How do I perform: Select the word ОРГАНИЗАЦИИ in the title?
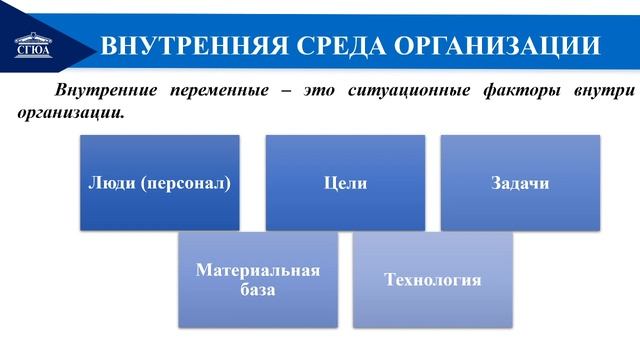(x=496, y=45)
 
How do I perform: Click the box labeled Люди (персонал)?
(x=160, y=183)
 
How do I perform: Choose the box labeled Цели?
(x=345, y=183)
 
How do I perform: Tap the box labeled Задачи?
(x=520, y=183)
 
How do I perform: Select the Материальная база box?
(x=258, y=280)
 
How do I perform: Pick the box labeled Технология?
(x=433, y=280)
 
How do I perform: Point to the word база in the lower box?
(x=258, y=290)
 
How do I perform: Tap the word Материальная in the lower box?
(x=258, y=270)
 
